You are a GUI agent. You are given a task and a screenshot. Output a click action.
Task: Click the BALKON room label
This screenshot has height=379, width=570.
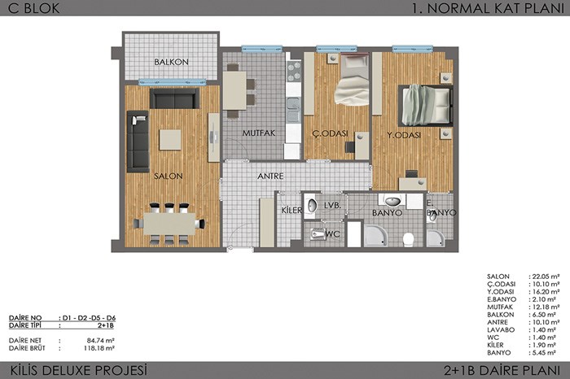[x=171, y=62]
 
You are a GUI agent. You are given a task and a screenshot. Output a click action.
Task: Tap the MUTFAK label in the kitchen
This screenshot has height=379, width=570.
[x=259, y=133]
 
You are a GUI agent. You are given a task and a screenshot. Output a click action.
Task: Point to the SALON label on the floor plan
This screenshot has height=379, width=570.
[x=169, y=176]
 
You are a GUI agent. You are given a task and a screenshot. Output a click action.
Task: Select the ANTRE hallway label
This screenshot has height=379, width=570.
[x=270, y=176]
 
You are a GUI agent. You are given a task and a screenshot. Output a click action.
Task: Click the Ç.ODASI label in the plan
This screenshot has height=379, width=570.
[x=330, y=133]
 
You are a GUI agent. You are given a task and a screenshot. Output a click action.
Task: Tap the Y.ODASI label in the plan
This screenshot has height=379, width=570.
[x=404, y=135]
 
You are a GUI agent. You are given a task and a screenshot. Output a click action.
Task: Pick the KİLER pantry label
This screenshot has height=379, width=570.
[x=292, y=210]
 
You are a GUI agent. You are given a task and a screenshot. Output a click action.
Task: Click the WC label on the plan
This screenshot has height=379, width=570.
[x=332, y=234]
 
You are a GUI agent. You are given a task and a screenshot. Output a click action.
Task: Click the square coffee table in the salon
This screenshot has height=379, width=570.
[x=170, y=140]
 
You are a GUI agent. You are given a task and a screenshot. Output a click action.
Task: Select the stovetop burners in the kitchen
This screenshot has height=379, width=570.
[x=294, y=72]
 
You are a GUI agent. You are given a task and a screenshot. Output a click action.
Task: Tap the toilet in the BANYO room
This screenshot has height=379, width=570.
[x=408, y=239]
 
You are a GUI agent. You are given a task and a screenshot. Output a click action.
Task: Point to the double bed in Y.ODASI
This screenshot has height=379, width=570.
[x=425, y=106]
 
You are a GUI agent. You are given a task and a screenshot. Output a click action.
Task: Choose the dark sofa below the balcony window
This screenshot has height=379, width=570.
[x=174, y=98]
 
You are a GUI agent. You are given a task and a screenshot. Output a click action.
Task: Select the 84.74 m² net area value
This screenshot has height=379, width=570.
[x=101, y=341]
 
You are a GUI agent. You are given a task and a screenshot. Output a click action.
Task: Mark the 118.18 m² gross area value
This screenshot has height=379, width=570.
[x=99, y=348]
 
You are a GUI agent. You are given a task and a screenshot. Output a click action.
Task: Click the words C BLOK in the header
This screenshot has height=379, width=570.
[x=33, y=8]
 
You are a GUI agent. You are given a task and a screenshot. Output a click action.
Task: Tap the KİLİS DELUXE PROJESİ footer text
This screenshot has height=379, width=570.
[x=79, y=371]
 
